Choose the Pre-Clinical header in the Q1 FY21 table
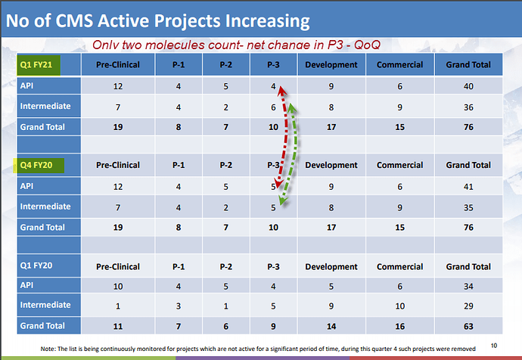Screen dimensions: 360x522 coord(118,65)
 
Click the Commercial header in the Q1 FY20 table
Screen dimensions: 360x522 coord(400,267)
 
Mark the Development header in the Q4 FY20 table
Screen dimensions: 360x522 coord(331,165)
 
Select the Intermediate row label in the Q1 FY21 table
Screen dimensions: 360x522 coord(45,107)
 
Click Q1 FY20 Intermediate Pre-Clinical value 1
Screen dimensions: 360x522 coord(118,306)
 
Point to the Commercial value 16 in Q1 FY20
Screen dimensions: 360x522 coord(400,326)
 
